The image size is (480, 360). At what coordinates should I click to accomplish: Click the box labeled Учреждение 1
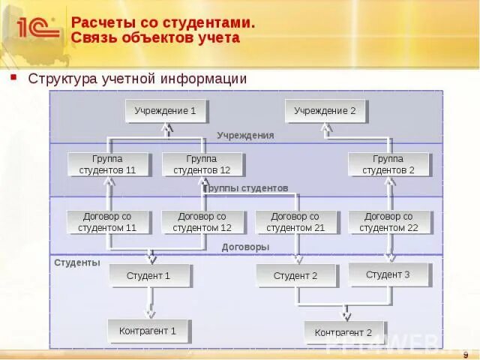(166, 111)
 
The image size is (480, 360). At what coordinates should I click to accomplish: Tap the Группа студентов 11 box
(108, 164)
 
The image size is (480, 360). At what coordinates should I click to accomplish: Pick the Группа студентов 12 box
(202, 164)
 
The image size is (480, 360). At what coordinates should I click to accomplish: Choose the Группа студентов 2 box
(388, 164)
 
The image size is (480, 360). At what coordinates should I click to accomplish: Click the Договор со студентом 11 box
(108, 222)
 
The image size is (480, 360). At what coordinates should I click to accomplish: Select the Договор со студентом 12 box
(202, 222)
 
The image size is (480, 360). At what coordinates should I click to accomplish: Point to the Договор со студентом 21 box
(295, 222)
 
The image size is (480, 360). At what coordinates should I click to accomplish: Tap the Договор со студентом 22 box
(390, 222)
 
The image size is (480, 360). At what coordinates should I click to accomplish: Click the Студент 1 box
(149, 275)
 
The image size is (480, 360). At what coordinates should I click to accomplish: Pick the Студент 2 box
(295, 275)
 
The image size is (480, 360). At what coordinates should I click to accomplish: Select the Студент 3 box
(388, 274)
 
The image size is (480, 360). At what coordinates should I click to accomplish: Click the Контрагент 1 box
(148, 330)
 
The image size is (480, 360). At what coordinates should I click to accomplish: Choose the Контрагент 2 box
(343, 332)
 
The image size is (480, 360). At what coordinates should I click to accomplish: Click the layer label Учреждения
(245, 136)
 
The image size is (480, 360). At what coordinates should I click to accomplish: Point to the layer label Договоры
(245, 247)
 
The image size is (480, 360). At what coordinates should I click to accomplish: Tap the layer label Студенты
(76, 263)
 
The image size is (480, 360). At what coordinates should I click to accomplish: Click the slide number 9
(466, 354)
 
